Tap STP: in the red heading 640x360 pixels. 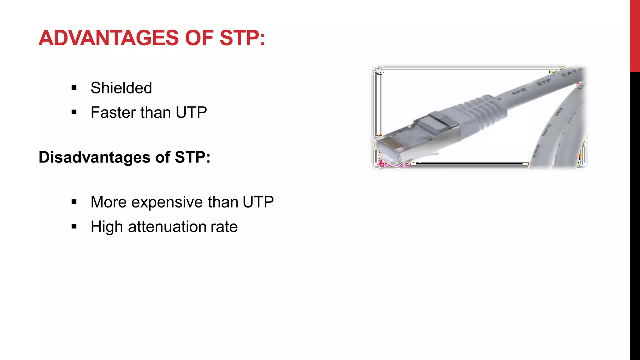pos(242,38)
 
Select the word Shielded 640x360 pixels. pos(121,88)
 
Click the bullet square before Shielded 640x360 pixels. pos(74,87)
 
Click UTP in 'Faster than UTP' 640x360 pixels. pos(191,112)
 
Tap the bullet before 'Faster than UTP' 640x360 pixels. pos(74,112)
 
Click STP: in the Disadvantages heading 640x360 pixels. pos(192,157)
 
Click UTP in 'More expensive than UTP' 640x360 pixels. pos(258,202)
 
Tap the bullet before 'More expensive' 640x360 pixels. pos(74,202)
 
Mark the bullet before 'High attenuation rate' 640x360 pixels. pos(74,227)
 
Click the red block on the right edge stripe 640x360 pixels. pos(635,36)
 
